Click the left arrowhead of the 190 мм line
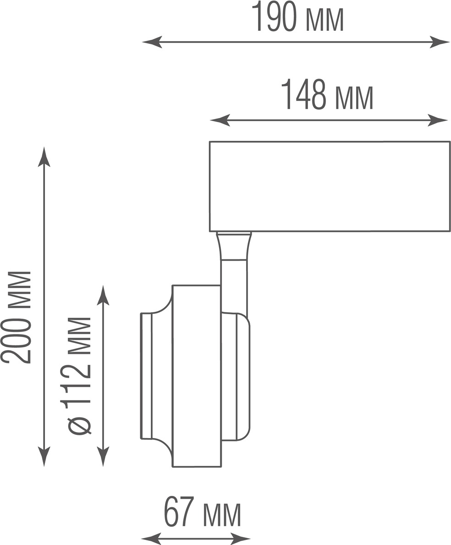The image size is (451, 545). tap(152, 42)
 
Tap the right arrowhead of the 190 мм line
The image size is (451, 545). tap(440, 42)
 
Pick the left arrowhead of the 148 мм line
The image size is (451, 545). tap(220, 120)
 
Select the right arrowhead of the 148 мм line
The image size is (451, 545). tap(437, 120)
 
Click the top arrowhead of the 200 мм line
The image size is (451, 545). tap(44, 157)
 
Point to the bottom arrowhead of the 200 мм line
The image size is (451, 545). tap(44, 456)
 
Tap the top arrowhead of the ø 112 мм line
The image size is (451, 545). tap(103, 295)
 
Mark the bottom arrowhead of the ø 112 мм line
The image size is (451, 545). tap(103, 456)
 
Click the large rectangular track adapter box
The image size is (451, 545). tap(330, 186)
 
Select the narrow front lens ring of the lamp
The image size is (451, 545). tap(146, 376)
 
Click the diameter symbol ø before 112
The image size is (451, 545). tap(79, 426)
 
